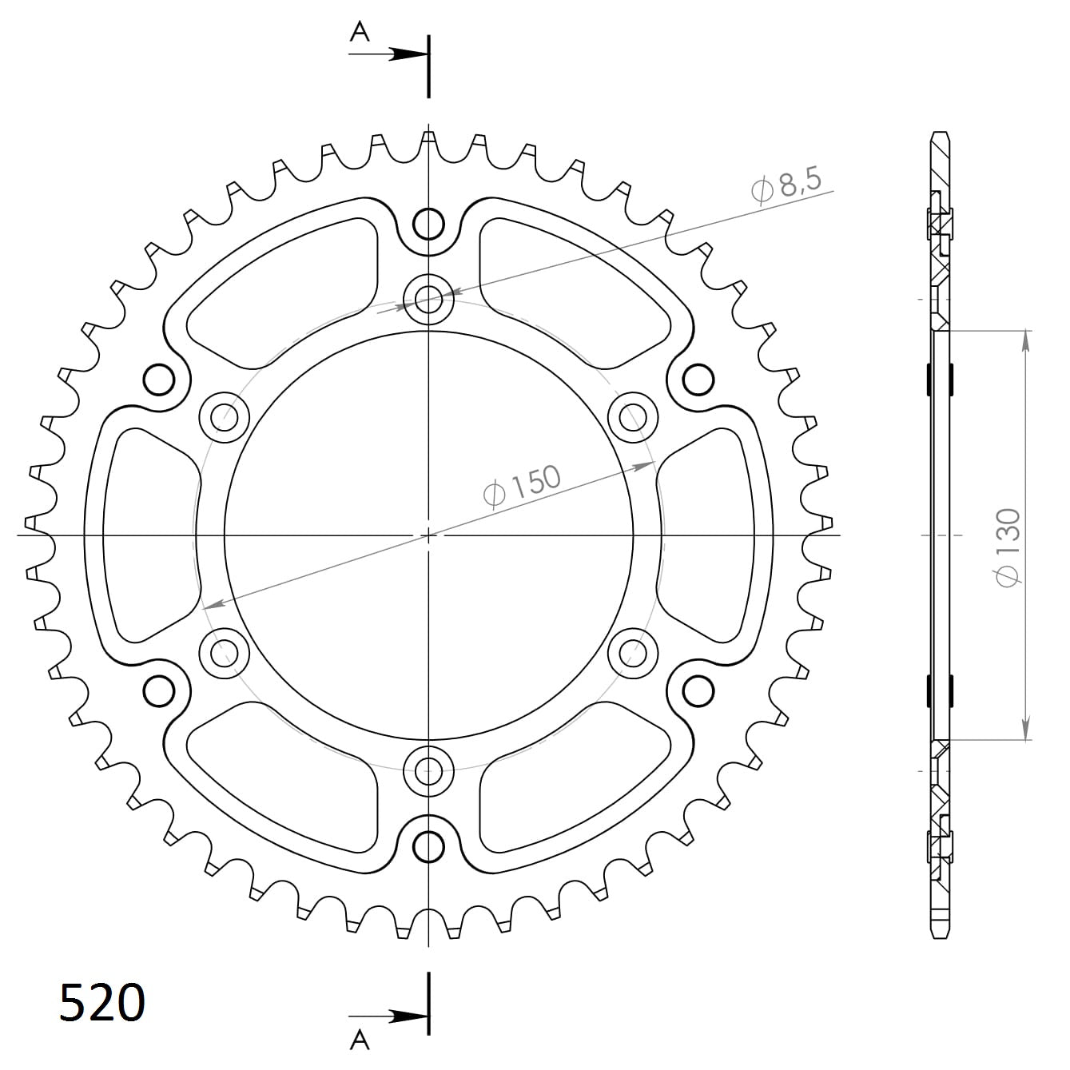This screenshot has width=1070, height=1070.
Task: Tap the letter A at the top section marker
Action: pos(361,32)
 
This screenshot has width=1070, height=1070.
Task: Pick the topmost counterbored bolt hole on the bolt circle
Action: pos(429,300)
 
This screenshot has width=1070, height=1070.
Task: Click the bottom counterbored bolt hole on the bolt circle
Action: pos(429,771)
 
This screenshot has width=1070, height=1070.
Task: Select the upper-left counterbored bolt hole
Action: pos(225,416)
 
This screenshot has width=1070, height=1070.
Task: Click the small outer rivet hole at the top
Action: pos(429,224)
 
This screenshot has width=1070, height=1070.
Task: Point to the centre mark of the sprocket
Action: pos(429,535)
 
